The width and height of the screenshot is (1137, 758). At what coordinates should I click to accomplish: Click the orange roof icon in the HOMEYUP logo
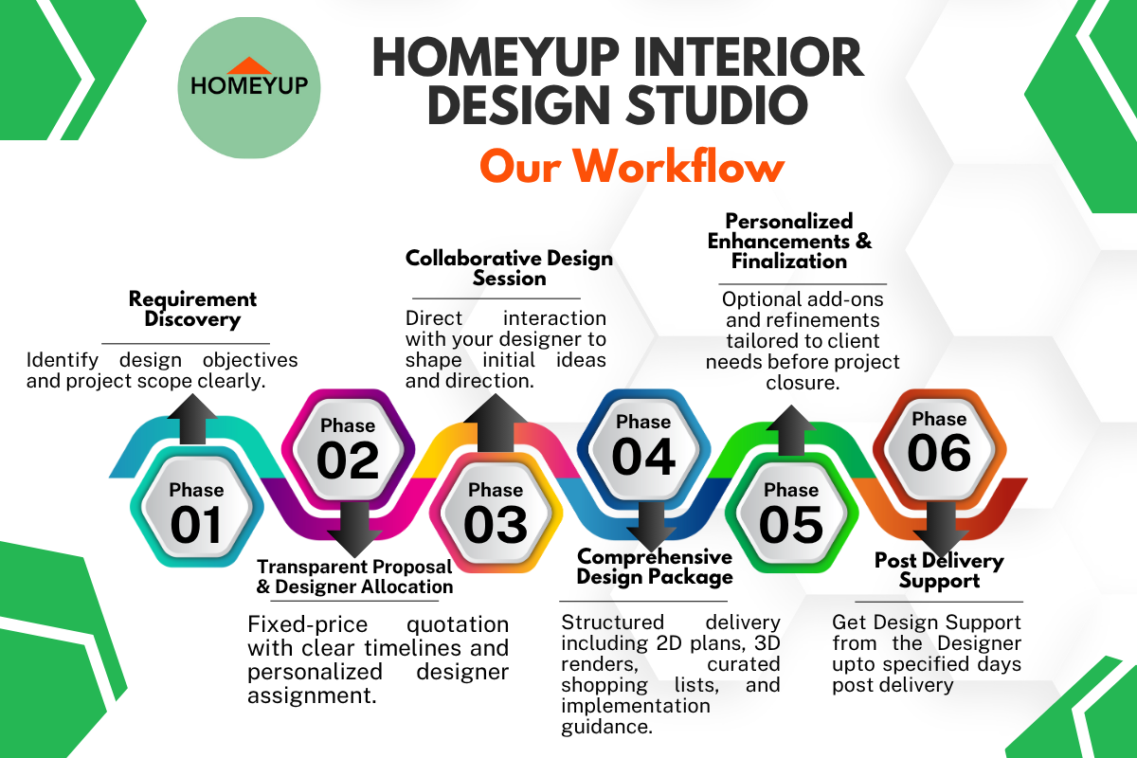(x=248, y=66)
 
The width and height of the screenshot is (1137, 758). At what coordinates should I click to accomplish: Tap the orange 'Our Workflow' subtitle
(x=632, y=166)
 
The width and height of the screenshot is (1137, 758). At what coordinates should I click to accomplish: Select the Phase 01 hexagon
(x=197, y=507)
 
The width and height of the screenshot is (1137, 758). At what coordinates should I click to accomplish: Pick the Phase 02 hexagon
(x=349, y=449)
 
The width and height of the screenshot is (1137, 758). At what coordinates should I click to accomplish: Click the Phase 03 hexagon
(x=496, y=513)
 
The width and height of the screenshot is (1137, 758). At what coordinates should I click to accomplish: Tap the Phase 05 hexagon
(x=791, y=513)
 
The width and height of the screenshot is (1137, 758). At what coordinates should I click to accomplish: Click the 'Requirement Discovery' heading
(x=192, y=309)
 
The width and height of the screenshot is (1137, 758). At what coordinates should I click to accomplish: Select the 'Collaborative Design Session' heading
(x=509, y=268)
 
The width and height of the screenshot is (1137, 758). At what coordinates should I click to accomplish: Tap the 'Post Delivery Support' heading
(x=939, y=570)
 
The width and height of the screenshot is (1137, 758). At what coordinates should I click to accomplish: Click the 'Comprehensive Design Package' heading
(x=655, y=568)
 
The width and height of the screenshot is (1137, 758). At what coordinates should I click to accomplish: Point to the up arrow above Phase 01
(x=192, y=420)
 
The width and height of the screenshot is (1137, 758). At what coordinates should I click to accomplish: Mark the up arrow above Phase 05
(x=791, y=430)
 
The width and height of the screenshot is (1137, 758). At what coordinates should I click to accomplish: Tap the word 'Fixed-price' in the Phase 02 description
(x=308, y=624)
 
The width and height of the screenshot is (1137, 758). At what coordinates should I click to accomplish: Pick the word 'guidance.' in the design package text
(x=607, y=727)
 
